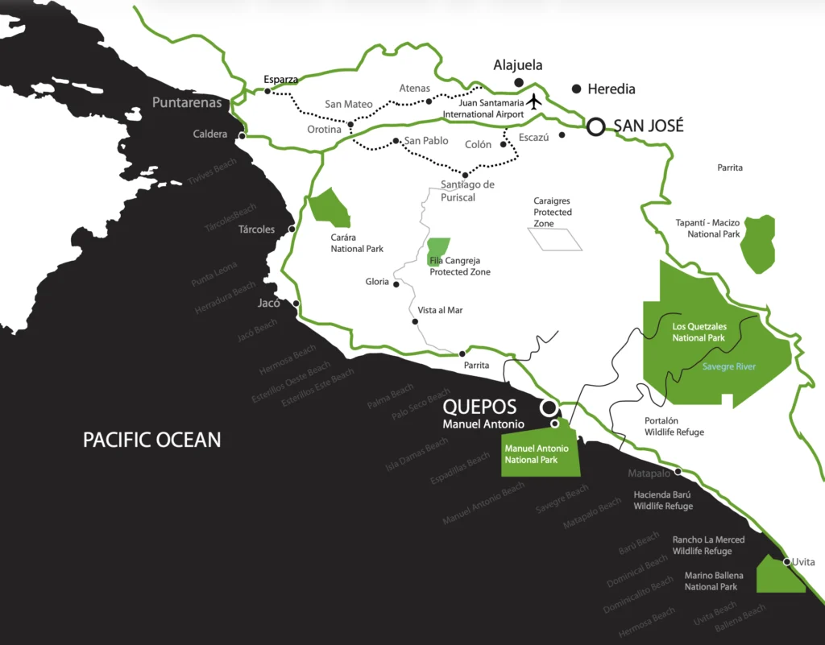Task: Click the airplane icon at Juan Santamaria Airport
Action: click(x=533, y=101)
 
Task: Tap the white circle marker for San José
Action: click(x=595, y=126)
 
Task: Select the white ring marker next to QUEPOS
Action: click(x=548, y=407)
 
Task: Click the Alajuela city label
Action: click(x=518, y=65)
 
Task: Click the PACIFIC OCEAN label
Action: click(x=151, y=440)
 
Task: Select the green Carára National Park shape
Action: click(x=329, y=208)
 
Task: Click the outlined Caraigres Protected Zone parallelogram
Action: click(x=554, y=239)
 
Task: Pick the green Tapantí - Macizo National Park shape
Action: click(x=759, y=243)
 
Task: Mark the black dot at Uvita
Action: click(x=786, y=560)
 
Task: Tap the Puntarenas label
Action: click(x=187, y=102)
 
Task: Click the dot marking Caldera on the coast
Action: click(x=242, y=135)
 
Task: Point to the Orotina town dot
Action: click(x=350, y=125)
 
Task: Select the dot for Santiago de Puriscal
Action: click(x=465, y=175)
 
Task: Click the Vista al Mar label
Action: click(x=440, y=310)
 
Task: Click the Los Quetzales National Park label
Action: click(x=699, y=332)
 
